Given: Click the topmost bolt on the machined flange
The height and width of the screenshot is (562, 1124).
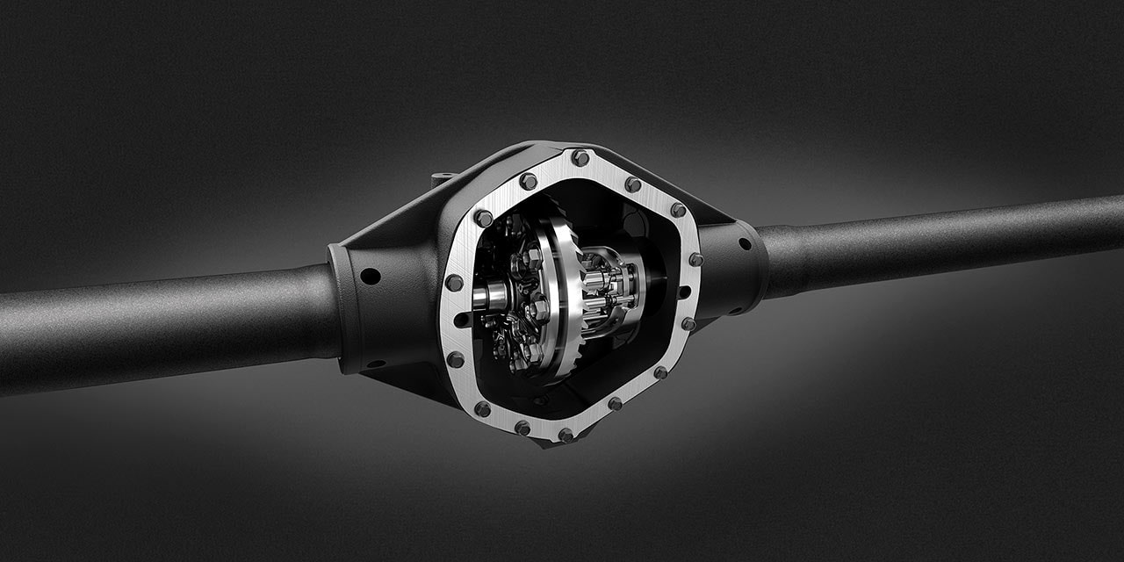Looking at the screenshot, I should tap(580, 158).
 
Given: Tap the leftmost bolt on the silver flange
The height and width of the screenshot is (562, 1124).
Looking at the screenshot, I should tap(453, 283).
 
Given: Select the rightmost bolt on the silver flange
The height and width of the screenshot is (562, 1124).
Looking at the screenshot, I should tap(695, 260).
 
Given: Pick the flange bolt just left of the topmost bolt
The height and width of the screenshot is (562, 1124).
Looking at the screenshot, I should tap(528, 181).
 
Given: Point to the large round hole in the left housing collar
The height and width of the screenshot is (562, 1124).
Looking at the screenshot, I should tap(371, 276).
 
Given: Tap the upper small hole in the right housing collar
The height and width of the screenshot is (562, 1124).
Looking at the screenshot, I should tap(744, 244).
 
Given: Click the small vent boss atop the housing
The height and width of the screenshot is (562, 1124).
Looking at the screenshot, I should tap(443, 179).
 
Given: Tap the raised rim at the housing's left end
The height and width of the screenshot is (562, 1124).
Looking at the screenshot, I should tap(337, 307).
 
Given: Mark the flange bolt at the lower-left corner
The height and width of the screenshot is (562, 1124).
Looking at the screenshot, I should tap(482, 409).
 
